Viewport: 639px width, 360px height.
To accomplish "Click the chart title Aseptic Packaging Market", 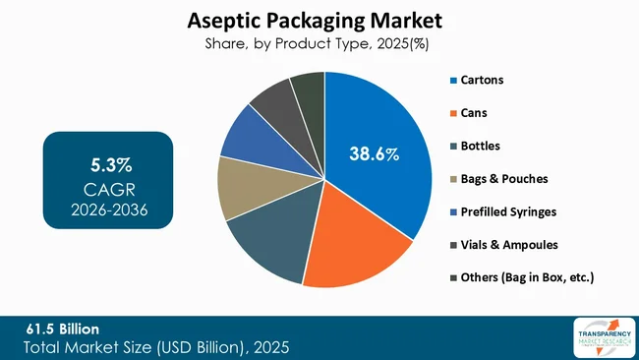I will pyautogui.click(x=319, y=20).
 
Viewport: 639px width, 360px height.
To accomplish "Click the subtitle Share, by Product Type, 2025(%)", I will pyautogui.click(x=319, y=43).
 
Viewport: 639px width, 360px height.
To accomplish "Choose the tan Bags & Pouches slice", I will pyautogui.click(x=239, y=187).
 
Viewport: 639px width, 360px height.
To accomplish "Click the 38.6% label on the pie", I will pyautogui.click(x=374, y=153).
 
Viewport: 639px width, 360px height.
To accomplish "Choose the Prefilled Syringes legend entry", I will pyautogui.click(x=507, y=212).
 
